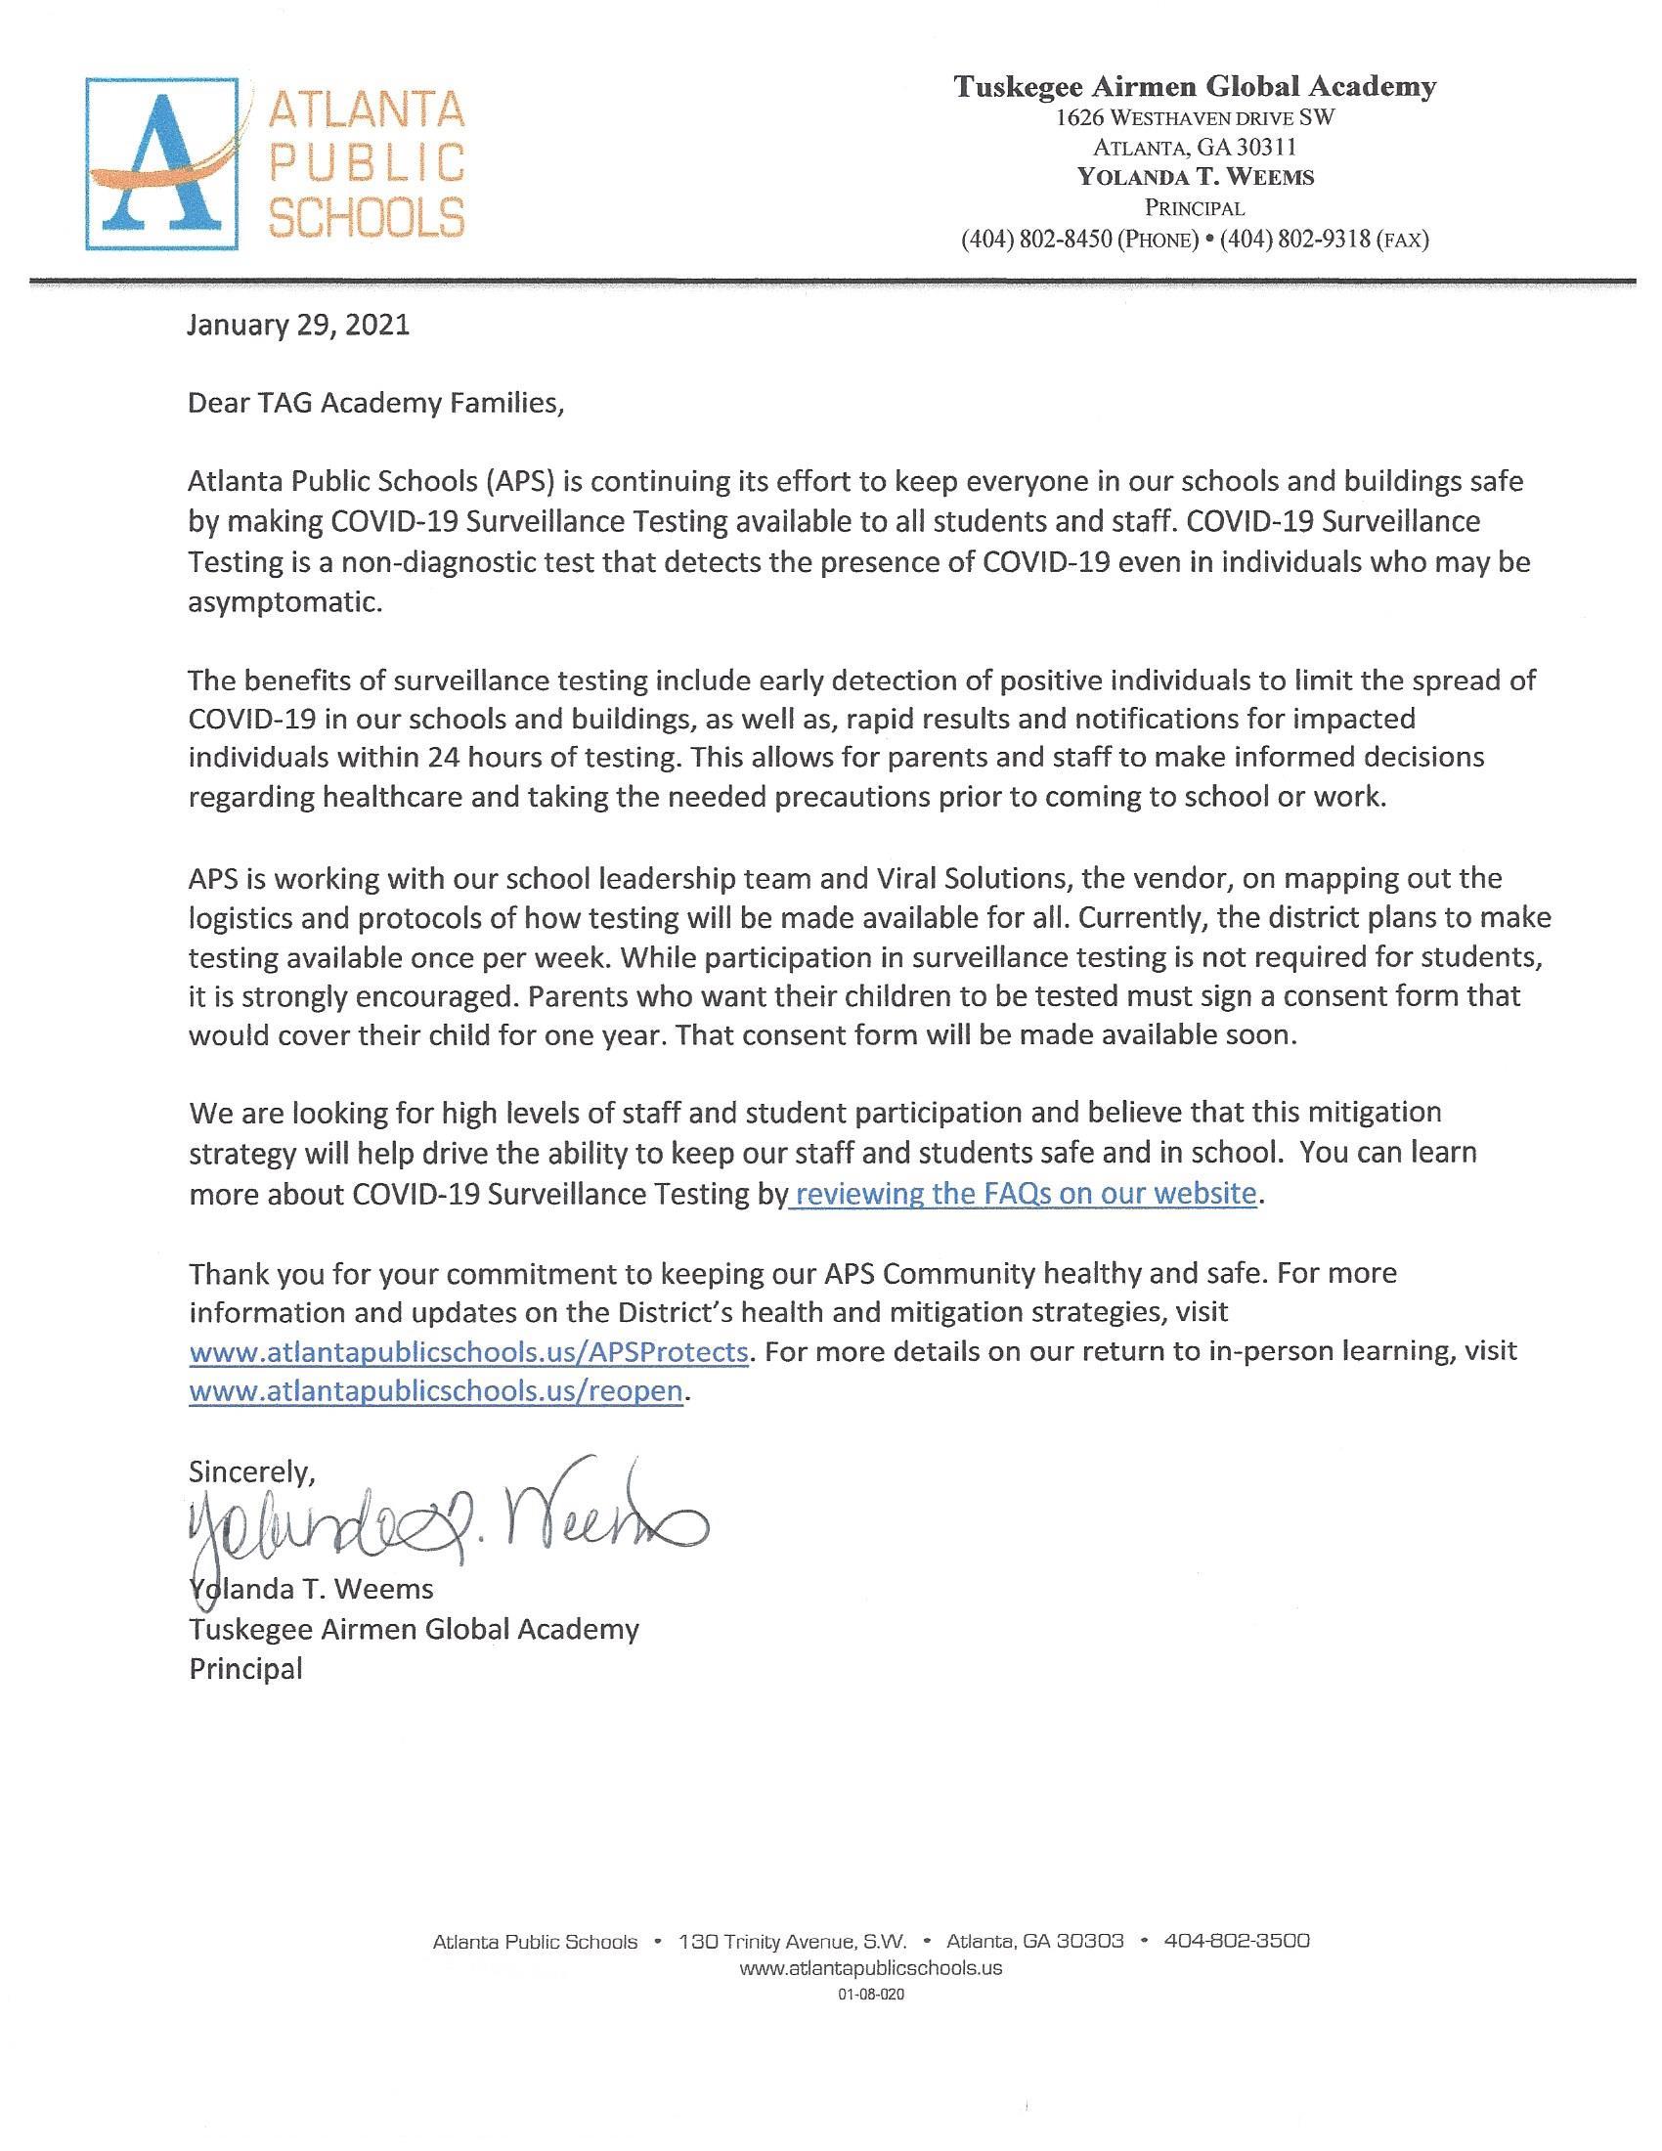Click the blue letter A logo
(x=162, y=163)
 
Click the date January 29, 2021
(x=298, y=325)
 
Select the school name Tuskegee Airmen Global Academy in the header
(x=1195, y=87)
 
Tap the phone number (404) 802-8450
(x=1035, y=240)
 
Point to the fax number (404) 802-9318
(x=1294, y=240)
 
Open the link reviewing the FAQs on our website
(x=1025, y=1194)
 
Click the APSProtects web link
(x=468, y=1351)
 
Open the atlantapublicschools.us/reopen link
(x=435, y=1390)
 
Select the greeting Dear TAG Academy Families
(x=377, y=404)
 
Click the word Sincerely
(x=252, y=1471)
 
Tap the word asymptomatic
(x=284, y=601)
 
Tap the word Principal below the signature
(x=246, y=1668)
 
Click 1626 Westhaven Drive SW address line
(x=1195, y=118)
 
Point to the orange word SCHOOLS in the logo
(x=367, y=217)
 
